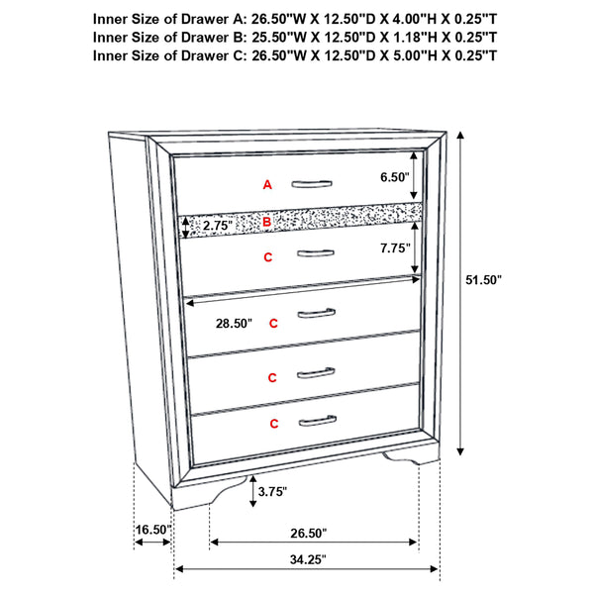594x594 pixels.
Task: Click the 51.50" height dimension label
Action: (x=484, y=280)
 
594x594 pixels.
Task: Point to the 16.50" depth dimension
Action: (x=153, y=531)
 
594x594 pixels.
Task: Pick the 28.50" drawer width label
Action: (x=234, y=324)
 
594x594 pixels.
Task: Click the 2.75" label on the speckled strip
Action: (x=217, y=226)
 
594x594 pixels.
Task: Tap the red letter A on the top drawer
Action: (x=266, y=184)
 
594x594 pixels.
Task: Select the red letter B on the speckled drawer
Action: (x=266, y=223)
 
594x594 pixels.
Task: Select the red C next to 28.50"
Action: (x=273, y=323)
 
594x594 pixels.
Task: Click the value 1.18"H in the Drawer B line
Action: (x=398, y=37)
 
